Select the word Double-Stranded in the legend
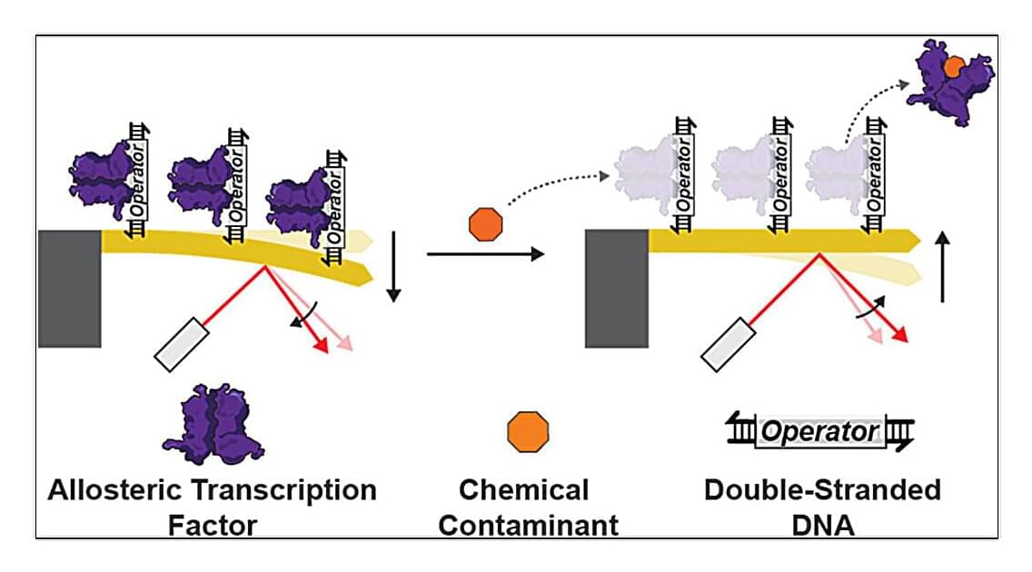coord(822,490)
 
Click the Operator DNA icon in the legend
coord(820,431)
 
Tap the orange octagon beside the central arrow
coord(485,224)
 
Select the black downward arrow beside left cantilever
coord(393,266)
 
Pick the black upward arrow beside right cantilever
coord(943,266)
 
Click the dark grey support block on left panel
coord(69,289)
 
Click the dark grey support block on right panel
coord(617,289)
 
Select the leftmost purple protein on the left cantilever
coord(101,177)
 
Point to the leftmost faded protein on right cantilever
coord(647,177)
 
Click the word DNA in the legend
coord(822,524)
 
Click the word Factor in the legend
coord(212,524)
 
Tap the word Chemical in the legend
coord(523,490)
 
